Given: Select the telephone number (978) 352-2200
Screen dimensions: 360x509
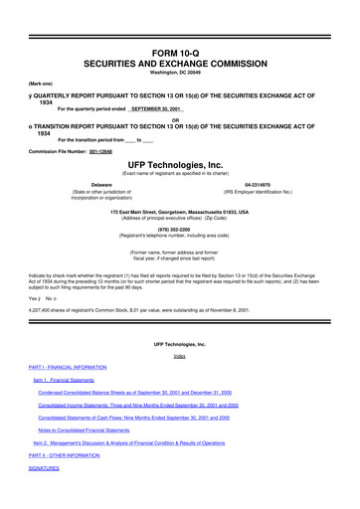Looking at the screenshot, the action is [x=179, y=243].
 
